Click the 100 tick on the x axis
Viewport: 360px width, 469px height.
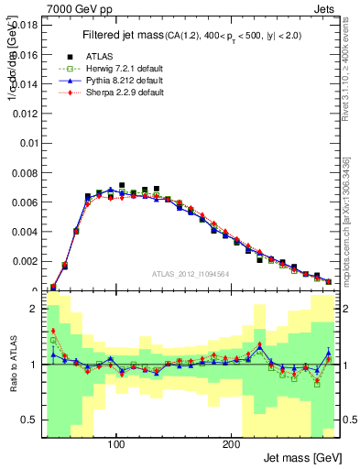click(x=116, y=444)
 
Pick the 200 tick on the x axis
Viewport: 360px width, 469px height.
click(x=232, y=444)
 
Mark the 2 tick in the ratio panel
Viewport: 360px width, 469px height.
click(x=30, y=310)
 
